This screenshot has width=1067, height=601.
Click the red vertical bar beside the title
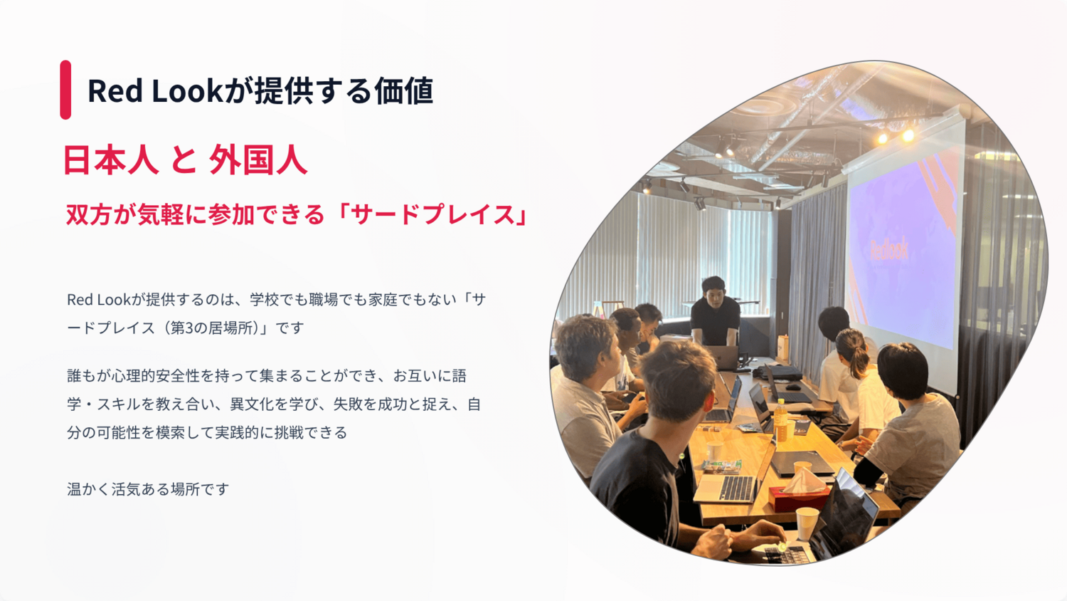(x=65, y=90)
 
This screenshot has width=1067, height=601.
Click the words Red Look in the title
(x=155, y=90)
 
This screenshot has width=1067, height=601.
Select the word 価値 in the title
(x=403, y=90)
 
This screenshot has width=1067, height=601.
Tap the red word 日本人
(x=111, y=160)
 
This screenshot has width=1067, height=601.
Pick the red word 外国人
(x=258, y=160)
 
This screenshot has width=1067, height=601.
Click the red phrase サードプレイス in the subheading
(x=433, y=214)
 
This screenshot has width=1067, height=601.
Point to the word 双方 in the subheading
(x=89, y=214)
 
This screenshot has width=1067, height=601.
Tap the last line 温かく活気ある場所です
(x=148, y=489)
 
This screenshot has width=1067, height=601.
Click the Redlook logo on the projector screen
(x=889, y=249)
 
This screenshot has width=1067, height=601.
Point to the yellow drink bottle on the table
(x=780, y=419)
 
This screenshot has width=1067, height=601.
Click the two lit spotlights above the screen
(x=896, y=137)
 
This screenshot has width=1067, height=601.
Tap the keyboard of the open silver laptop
(x=737, y=488)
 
